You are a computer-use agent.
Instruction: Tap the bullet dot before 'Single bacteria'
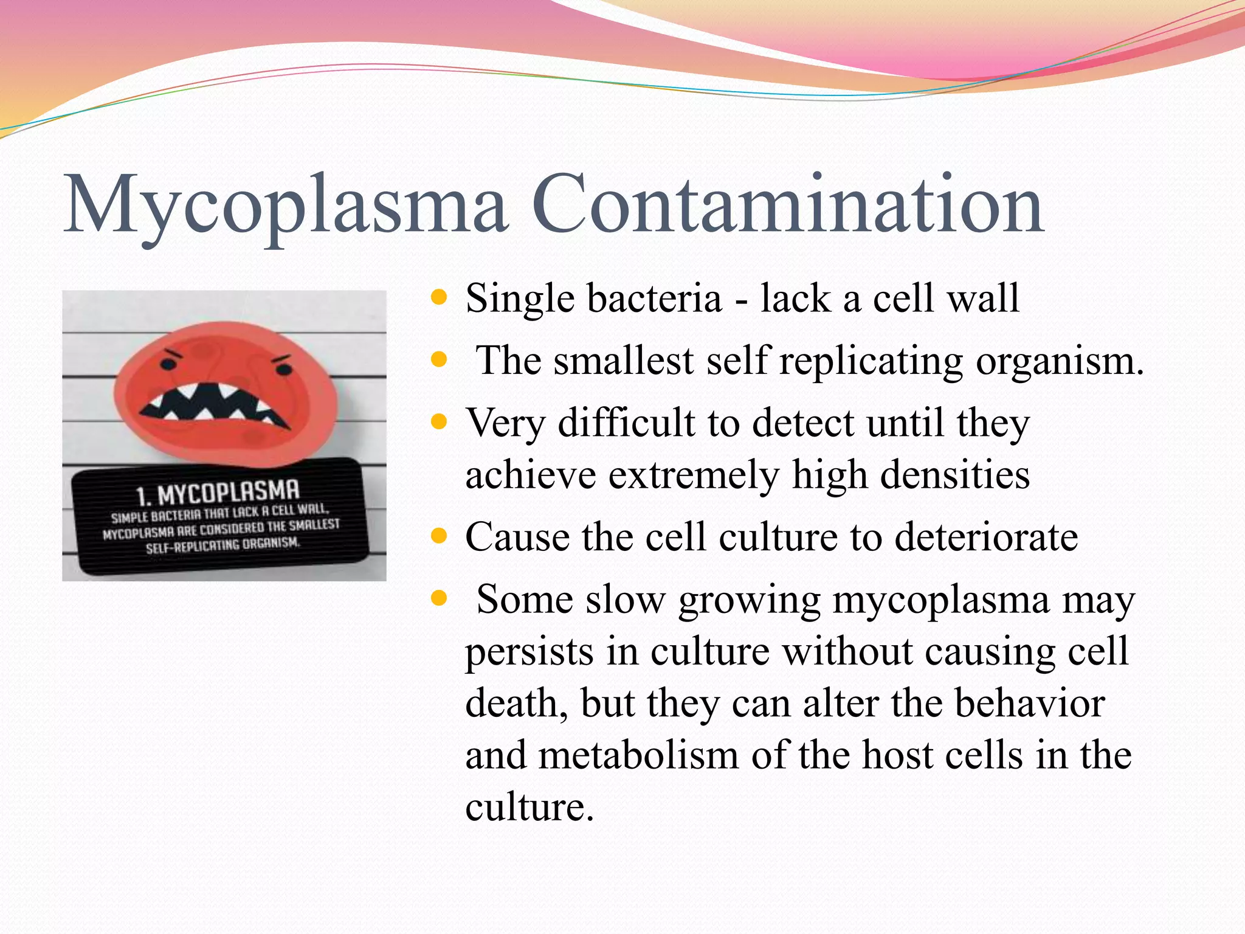[438, 298]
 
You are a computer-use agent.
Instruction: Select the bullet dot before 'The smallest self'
[438, 360]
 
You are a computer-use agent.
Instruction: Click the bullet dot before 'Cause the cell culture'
[438, 536]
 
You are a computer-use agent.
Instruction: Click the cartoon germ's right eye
[283, 368]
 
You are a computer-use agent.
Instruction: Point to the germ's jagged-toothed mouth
[218, 404]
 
